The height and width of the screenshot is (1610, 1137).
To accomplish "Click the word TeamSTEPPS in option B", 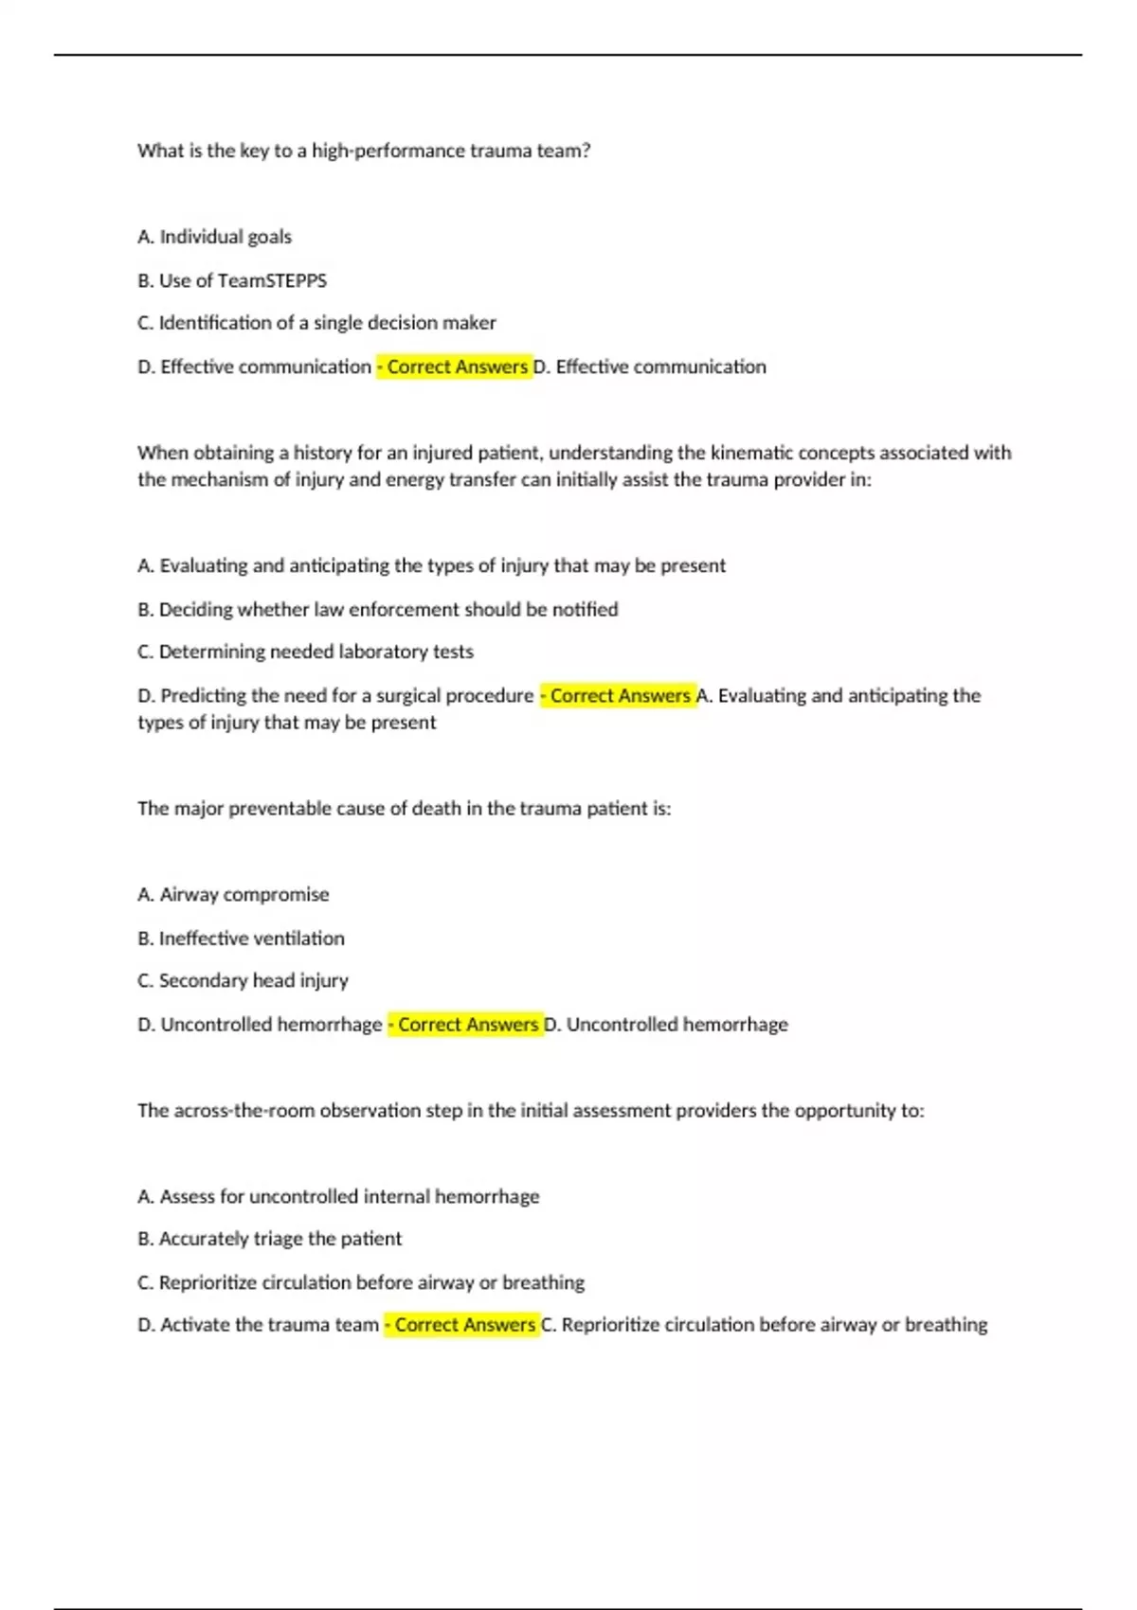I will [x=272, y=280].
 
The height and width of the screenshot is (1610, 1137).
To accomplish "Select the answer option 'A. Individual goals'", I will [x=214, y=237].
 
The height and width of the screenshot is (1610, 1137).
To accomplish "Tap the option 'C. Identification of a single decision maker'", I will [x=316, y=323].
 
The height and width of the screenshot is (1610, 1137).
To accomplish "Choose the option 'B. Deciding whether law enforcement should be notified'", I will [x=377, y=609].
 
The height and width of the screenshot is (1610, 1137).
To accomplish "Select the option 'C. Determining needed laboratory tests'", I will [x=305, y=652].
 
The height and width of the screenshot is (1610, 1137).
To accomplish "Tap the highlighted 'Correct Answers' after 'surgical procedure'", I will [x=619, y=695].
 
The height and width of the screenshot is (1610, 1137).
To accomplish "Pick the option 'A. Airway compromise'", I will [x=233, y=894].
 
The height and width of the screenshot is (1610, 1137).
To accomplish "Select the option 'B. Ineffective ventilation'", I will [x=241, y=938].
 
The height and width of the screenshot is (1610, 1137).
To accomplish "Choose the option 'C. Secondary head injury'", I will [x=243, y=980].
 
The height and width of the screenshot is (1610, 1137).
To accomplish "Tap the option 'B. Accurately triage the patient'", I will [x=269, y=1239].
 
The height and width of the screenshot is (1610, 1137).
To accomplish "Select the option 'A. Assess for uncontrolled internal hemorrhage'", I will [x=338, y=1196].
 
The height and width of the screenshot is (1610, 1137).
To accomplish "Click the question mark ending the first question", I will [x=587, y=151].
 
